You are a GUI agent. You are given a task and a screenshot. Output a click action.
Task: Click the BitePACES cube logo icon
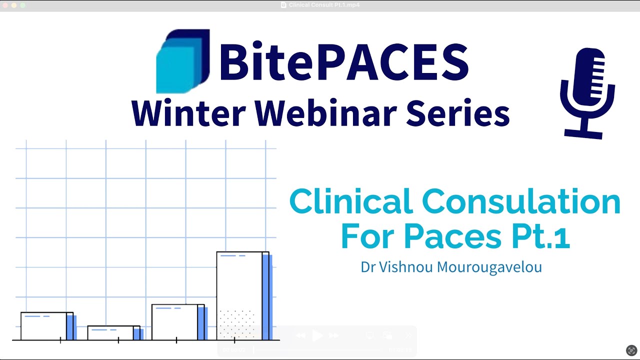point(182,61)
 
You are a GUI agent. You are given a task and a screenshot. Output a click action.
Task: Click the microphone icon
point(587,92)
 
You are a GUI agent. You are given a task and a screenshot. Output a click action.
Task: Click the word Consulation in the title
point(521,202)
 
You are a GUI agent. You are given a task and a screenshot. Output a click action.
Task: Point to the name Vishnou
point(406,267)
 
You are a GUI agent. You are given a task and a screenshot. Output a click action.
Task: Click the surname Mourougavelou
point(489,267)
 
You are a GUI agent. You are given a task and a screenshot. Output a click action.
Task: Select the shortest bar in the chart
point(113,333)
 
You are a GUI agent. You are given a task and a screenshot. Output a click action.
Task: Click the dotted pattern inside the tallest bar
point(237,324)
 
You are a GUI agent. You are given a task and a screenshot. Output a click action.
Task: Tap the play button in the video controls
point(317,336)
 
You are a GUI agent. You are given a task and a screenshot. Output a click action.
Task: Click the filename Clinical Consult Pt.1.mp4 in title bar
point(324,5)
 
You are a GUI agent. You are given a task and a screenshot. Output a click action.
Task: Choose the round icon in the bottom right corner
point(631,350)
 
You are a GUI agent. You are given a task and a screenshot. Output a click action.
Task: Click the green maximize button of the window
point(22,5)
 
